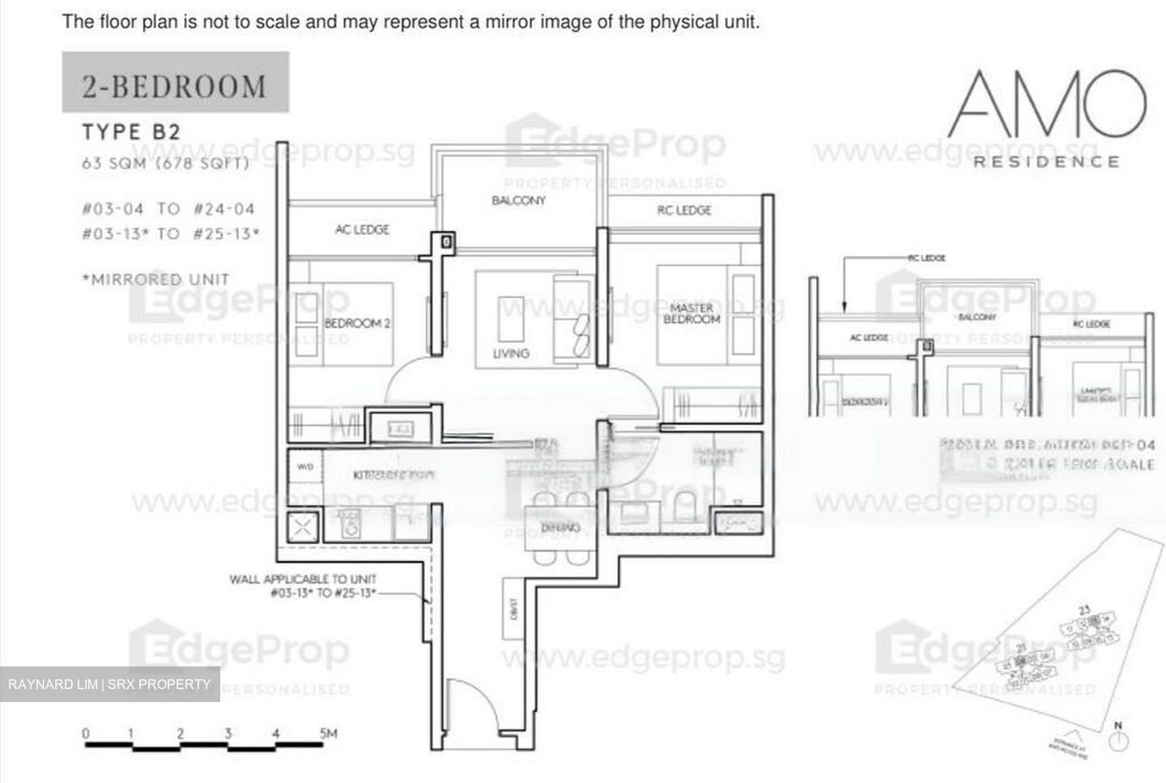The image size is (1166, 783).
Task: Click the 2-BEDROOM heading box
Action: click(175, 83)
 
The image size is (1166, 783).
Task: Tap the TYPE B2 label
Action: click(131, 131)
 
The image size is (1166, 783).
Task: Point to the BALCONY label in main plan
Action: click(518, 200)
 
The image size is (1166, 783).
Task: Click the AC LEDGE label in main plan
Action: click(362, 230)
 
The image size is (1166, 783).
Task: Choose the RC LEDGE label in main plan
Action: click(684, 211)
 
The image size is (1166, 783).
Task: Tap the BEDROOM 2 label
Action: click(357, 323)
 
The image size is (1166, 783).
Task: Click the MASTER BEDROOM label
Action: click(692, 313)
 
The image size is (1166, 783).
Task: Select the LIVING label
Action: click(511, 353)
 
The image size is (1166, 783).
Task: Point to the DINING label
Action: click(560, 528)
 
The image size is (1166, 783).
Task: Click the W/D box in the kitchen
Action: click(304, 467)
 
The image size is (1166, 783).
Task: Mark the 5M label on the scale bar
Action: click(328, 734)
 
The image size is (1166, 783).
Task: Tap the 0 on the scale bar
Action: click(86, 734)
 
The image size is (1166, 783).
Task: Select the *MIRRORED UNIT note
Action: click(156, 279)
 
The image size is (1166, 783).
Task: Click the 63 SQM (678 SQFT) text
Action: click(165, 163)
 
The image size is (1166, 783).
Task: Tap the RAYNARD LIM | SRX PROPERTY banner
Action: click(109, 684)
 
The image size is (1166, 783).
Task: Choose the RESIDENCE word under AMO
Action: click(1046, 161)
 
